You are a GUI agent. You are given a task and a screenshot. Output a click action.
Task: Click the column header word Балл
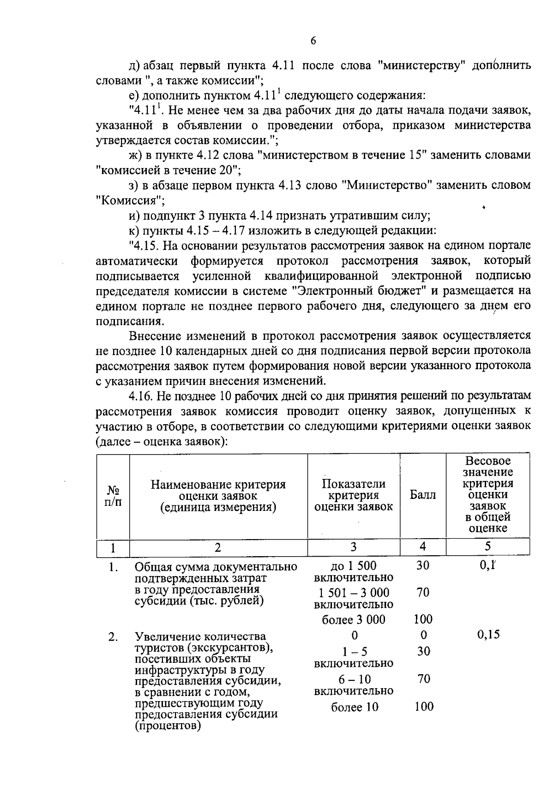click(x=422, y=496)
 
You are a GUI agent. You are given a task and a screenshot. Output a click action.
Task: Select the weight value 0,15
click(x=488, y=635)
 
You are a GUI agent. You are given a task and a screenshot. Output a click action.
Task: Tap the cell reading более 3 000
click(x=353, y=619)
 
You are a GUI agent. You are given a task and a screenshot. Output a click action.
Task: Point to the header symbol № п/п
click(x=113, y=496)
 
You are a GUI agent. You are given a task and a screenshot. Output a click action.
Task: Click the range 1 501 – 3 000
click(x=353, y=593)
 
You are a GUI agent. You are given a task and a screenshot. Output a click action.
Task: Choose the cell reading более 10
click(x=354, y=707)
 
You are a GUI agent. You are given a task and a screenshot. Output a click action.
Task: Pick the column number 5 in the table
click(x=488, y=547)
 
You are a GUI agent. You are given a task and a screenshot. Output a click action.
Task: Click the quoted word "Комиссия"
click(x=130, y=201)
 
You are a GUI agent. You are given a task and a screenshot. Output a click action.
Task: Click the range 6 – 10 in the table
click(x=354, y=679)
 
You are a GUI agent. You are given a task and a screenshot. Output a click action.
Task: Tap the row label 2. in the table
click(x=113, y=637)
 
